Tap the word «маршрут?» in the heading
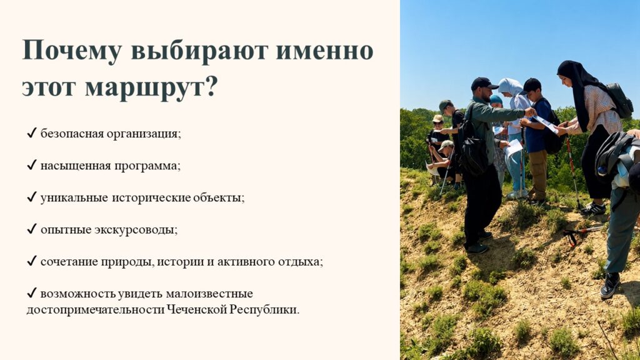pyautogui.click(x=151, y=87)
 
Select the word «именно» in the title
pyautogui.click(x=325, y=51)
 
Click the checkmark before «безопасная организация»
pyautogui.click(x=32, y=133)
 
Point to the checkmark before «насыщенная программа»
pyautogui.click(x=32, y=165)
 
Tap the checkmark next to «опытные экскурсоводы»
pyautogui.click(x=32, y=229)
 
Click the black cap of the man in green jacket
pyautogui.click(x=483, y=83)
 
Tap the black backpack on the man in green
pyautogui.click(x=474, y=151)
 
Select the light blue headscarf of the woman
pyautogui.click(x=511, y=88)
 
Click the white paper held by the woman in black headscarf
pyautogui.click(x=546, y=124)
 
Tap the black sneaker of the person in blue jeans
pyautogui.click(x=610, y=285)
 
